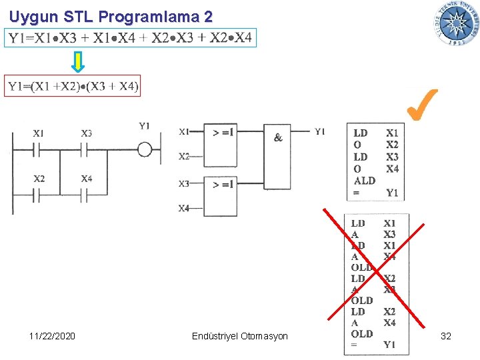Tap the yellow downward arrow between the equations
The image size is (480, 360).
78,61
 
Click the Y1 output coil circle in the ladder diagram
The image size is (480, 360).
145,149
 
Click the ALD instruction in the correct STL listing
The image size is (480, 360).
365,181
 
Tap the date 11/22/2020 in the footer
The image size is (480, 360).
53,336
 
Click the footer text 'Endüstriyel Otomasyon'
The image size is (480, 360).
239,336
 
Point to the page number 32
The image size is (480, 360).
446,336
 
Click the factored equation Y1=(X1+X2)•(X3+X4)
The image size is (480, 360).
73,86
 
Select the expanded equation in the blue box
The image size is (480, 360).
130,38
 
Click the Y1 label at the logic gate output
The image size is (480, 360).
320,131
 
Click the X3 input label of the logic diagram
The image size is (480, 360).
184,183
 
